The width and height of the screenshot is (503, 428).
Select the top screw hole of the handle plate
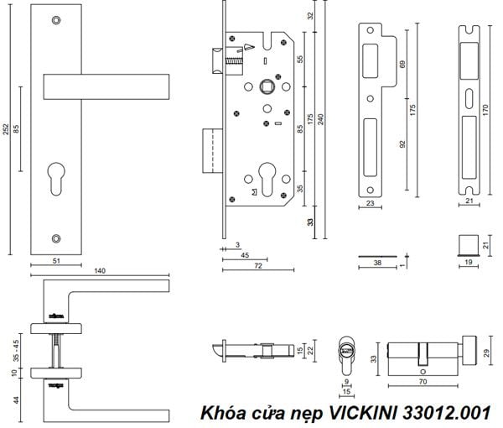(x=55, y=19)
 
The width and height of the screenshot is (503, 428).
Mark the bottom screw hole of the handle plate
(x=55, y=238)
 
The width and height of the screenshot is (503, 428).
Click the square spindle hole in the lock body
(x=270, y=87)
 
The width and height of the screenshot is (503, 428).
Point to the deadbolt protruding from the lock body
(x=211, y=145)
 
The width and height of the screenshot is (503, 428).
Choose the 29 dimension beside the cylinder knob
(x=486, y=348)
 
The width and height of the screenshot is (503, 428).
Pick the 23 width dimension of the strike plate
(x=369, y=203)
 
